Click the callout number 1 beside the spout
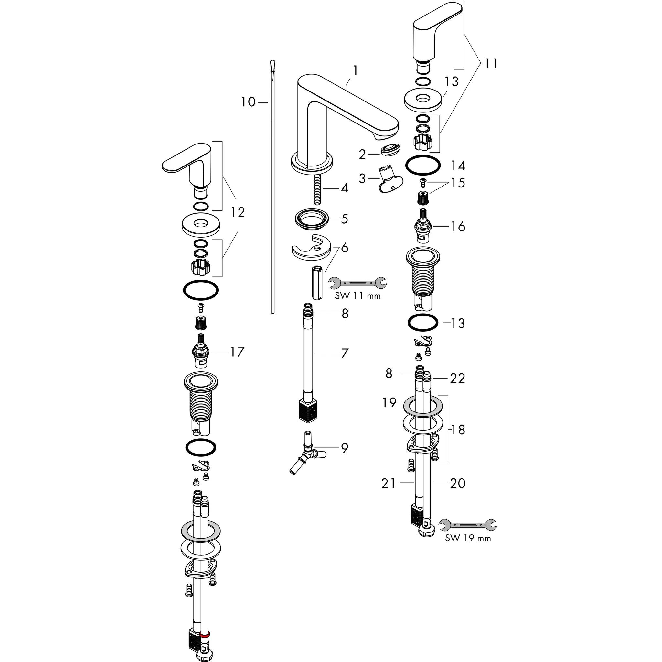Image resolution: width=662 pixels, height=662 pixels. coord(356,70)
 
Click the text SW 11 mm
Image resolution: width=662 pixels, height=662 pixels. coord(358,296)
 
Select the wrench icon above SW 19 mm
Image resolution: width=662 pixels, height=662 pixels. coord(468,525)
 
